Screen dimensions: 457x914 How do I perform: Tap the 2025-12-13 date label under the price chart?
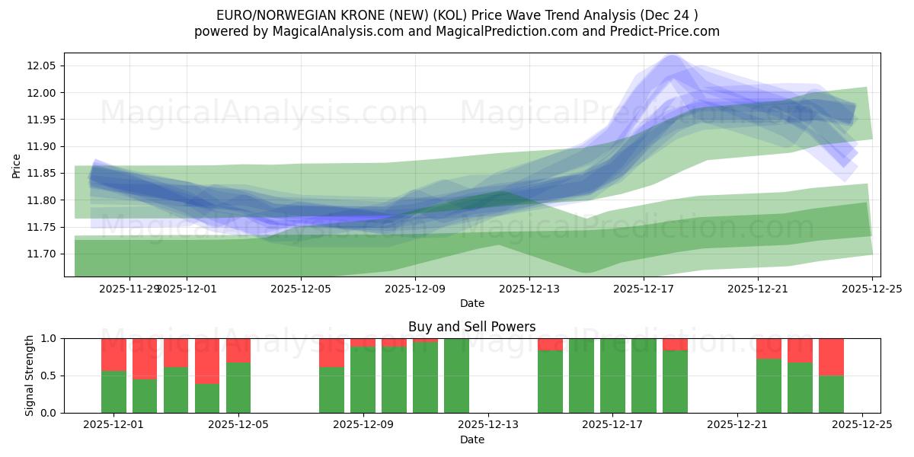pyautogui.click(x=529, y=289)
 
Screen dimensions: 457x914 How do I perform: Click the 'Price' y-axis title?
pyautogui.click(x=17, y=165)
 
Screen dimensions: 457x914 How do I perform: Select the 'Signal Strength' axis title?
pyautogui.click(x=30, y=376)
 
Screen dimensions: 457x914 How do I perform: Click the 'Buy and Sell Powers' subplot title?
pyautogui.click(x=471, y=327)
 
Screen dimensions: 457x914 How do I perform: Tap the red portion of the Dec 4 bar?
pyautogui.click(x=207, y=361)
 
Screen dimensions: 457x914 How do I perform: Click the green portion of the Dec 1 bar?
pyautogui.click(x=113, y=391)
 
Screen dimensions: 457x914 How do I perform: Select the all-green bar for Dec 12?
pyautogui.click(x=456, y=376)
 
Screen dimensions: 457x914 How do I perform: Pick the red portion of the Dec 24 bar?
pyautogui.click(x=831, y=356)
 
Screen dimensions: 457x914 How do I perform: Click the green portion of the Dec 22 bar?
pyautogui.click(x=769, y=385)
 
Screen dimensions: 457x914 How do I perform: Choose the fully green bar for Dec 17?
pyautogui.click(x=612, y=376)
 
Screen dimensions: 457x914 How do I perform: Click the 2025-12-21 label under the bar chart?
pyautogui.click(x=737, y=425)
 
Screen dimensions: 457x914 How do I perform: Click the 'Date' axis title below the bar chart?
pyautogui.click(x=471, y=439)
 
